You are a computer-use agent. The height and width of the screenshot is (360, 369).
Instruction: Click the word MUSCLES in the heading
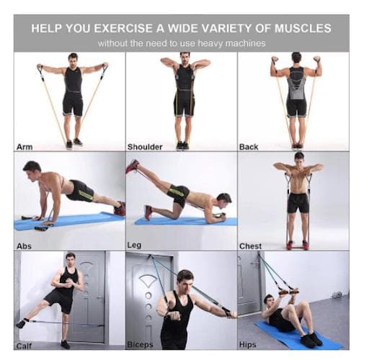[x=303, y=28]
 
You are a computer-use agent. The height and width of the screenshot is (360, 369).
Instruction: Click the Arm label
[x=25, y=147]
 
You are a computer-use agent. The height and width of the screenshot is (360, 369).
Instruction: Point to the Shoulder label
[x=145, y=147]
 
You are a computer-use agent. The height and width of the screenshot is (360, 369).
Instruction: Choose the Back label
[x=249, y=147]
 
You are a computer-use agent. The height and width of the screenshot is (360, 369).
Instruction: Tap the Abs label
[x=24, y=246]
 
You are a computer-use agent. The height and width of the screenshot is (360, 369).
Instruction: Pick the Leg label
[x=134, y=246]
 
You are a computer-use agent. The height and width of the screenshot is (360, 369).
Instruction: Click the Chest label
[x=250, y=246]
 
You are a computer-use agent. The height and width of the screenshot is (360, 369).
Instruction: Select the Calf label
[x=24, y=346]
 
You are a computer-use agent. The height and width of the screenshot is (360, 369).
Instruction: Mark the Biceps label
[x=140, y=345]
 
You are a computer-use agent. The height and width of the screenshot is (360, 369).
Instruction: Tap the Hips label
[x=248, y=345]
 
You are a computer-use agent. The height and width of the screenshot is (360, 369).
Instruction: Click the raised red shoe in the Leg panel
[x=132, y=166]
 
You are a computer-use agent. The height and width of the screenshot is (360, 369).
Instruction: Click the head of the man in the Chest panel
[x=299, y=158]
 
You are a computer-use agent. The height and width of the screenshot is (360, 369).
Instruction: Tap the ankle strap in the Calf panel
[x=24, y=323]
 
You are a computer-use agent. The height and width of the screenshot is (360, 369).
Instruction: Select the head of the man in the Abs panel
[x=32, y=170]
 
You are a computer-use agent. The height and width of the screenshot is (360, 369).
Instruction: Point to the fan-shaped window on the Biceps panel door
[x=148, y=281]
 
